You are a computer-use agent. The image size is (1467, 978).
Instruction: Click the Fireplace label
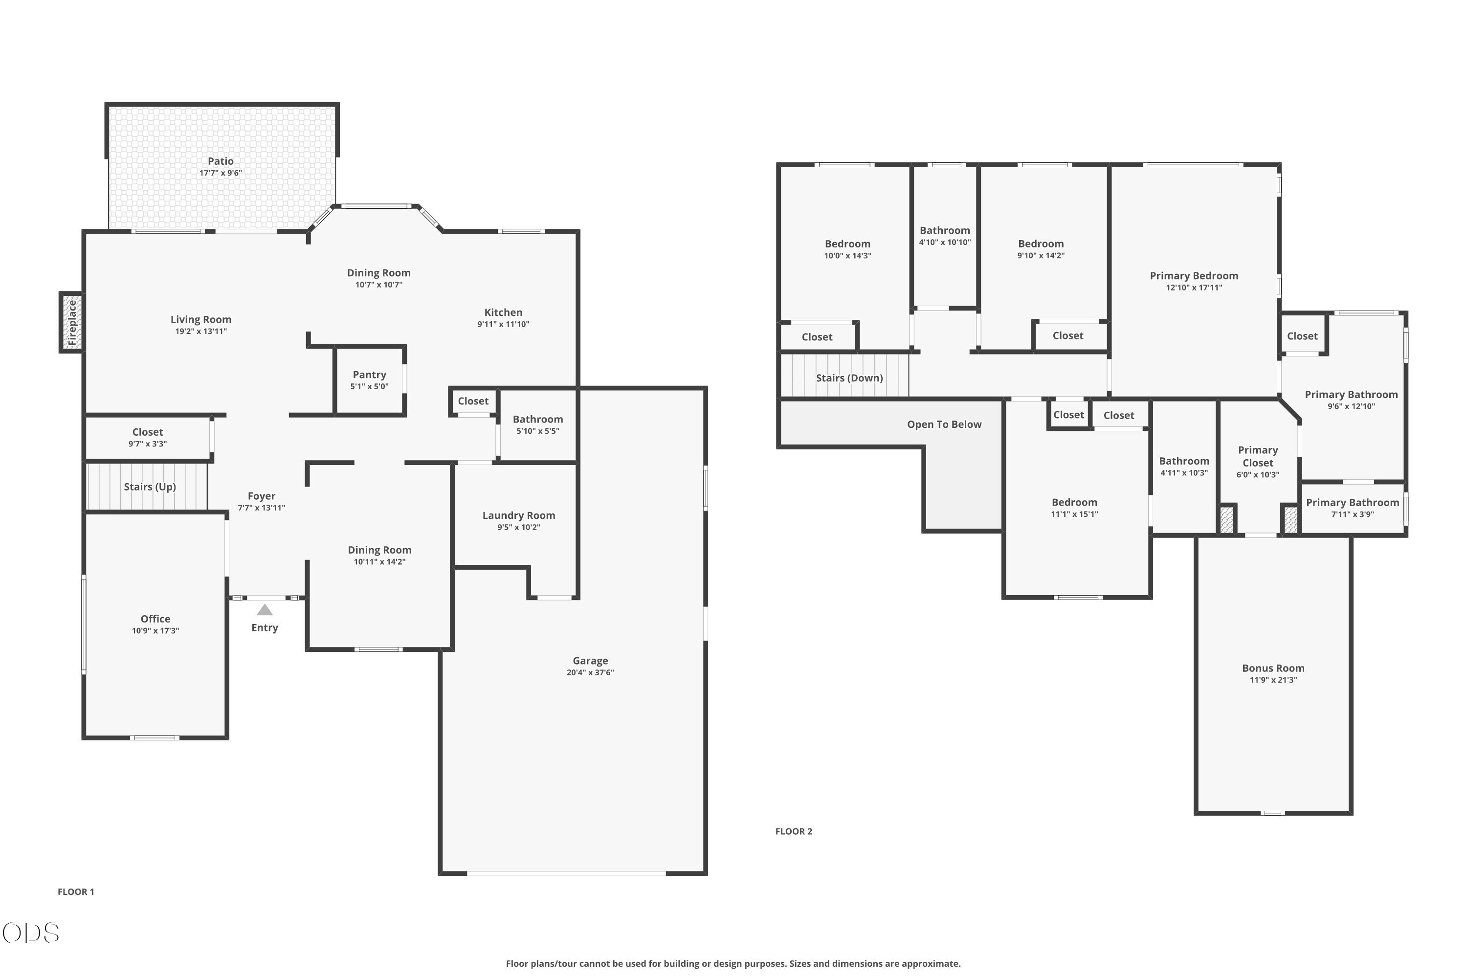tap(72, 322)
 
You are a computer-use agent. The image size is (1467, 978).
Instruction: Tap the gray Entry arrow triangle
tap(265, 609)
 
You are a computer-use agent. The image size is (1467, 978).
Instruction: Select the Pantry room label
tap(369, 375)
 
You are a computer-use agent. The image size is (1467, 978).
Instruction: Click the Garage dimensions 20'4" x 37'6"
tap(590, 672)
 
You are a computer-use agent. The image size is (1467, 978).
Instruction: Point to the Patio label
tap(221, 161)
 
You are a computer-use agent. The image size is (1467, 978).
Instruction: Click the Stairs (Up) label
tap(150, 487)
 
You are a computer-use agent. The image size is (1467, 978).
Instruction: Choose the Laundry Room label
tap(518, 515)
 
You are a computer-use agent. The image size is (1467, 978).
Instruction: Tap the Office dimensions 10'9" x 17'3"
tap(156, 631)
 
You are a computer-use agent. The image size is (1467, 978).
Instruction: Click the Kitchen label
tap(503, 312)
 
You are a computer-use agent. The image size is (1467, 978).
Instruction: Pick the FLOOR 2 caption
tap(793, 831)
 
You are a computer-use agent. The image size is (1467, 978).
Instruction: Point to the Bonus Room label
tap(1273, 668)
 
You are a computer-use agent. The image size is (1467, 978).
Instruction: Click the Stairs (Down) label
tap(849, 378)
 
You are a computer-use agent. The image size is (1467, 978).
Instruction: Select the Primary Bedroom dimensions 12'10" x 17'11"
tap(1194, 288)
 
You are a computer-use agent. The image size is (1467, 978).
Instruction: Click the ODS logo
tap(30, 933)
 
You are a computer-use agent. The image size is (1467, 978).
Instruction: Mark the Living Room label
tap(201, 319)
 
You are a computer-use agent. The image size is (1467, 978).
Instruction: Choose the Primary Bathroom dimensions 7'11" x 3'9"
tap(1352, 514)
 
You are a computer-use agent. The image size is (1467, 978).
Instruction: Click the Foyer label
tap(261, 496)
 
